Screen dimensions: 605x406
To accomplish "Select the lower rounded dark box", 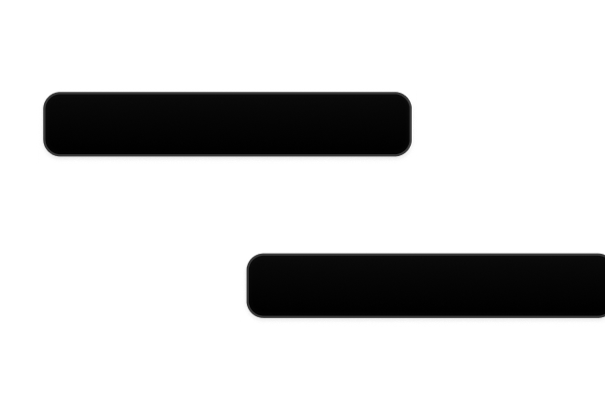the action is pyautogui.click(x=425, y=284).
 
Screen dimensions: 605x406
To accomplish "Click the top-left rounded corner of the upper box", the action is pyautogui.click(x=47, y=97).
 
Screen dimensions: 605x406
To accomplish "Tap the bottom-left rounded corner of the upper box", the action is pyautogui.click(x=47, y=151).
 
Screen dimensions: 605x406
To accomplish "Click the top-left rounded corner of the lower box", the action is pyautogui.click(x=251, y=258).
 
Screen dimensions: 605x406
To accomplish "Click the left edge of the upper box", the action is pyautogui.click(x=41, y=124).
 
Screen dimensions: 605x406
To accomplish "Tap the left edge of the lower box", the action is pyautogui.click(x=245, y=284).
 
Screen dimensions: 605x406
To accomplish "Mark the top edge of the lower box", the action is pyautogui.click(x=425, y=253).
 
